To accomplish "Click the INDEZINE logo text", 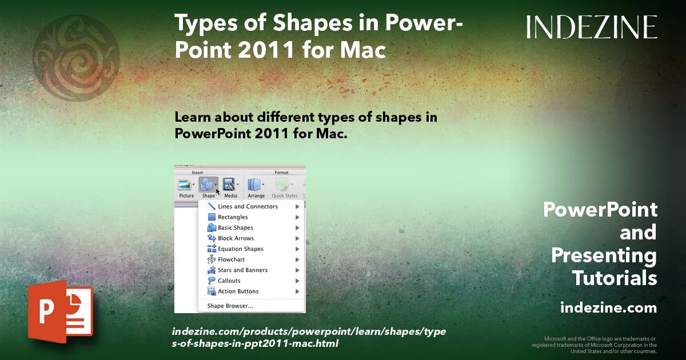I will (592, 27).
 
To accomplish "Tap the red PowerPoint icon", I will (59, 312).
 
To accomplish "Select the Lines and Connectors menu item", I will (248, 206).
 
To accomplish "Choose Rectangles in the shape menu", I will (233, 217).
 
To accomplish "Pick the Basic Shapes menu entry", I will (235, 227).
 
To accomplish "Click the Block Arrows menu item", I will (236, 238).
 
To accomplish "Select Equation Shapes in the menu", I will (240, 249).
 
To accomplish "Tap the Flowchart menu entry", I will (231, 259).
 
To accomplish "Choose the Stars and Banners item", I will (242, 270).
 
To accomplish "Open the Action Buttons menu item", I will (238, 291).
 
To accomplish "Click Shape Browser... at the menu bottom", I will (230, 306).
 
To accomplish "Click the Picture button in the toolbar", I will (186, 187).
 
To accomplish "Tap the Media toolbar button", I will (230, 187).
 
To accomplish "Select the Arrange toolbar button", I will (256, 187).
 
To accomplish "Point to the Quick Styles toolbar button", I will (284, 187).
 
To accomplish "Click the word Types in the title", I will (201, 24).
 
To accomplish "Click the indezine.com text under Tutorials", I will (608, 308).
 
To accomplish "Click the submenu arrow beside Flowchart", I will (297, 259).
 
